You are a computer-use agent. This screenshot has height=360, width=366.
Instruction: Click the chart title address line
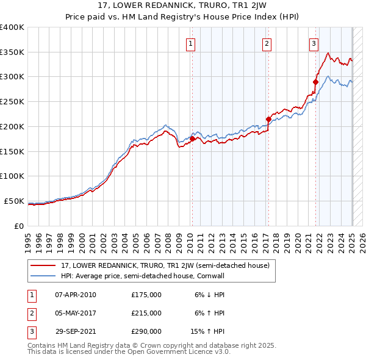click(182, 6)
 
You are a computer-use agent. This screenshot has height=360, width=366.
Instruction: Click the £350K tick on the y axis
click(12, 52)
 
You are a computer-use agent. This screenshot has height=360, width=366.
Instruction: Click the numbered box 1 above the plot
click(191, 43)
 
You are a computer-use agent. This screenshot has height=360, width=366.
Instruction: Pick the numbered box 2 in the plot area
click(267, 43)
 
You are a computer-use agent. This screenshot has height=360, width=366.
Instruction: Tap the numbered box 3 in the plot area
click(314, 43)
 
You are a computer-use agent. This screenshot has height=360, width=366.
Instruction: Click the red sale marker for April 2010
click(192, 139)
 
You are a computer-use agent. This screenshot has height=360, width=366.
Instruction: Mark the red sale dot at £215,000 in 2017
click(268, 119)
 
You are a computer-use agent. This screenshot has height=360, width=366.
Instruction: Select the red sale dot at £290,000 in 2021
click(315, 82)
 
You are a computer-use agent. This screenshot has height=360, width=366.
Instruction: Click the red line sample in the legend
click(44, 265)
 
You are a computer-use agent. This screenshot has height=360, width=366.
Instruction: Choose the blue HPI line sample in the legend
click(44, 276)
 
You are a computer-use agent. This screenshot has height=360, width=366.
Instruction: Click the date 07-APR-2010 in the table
click(75, 295)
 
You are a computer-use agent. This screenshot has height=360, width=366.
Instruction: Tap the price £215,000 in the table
click(146, 313)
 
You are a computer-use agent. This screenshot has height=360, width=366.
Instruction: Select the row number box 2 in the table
click(31, 313)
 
